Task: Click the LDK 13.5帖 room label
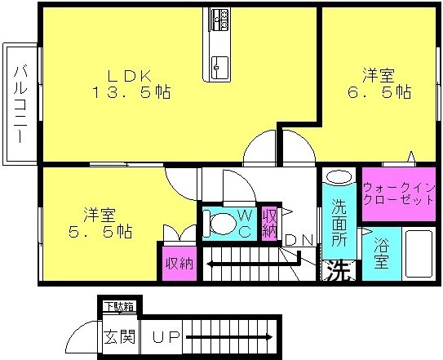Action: pyautogui.click(x=131, y=84)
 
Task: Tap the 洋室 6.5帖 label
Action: pyautogui.click(x=379, y=84)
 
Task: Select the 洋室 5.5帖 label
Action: pyautogui.click(x=100, y=223)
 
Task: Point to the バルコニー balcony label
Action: pyautogui.click(x=21, y=104)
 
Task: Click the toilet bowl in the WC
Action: pyautogui.click(x=223, y=223)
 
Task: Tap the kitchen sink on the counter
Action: pyautogui.click(x=220, y=68)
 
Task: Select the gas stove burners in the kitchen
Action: pyautogui.click(x=220, y=20)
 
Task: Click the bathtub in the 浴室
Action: pyautogui.click(x=419, y=254)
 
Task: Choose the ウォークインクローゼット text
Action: pyautogui.click(x=398, y=193)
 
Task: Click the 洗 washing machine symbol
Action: pyautogui.click(x=339, y=270)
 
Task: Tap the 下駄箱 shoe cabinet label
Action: pyautogui.click(x=119, y=307)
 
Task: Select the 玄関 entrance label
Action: pyautogui.click(x=120, y=336)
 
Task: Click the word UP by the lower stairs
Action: pyautogui.click(x=166, y=337)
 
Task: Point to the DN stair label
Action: pyautogui.click(x=299, y=240)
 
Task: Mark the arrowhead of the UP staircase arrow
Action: pyautogui.click(x=270, y=337)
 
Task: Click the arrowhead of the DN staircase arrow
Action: pyautogui.click(x=210, y=264)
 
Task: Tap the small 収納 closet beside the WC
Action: pyautogui.click(x=269, y=224)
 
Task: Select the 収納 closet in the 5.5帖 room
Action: pyautogui.click(x=179, y=264)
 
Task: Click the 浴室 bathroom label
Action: pyautogui.click(x=382, y=253)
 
